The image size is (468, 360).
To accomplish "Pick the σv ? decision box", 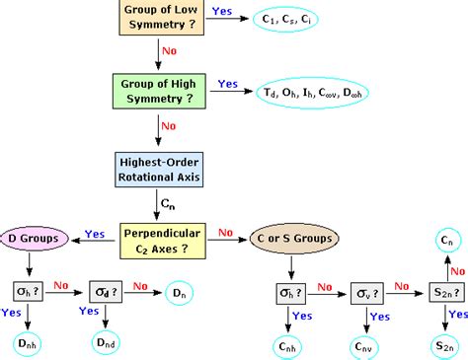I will tap(365, 293).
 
